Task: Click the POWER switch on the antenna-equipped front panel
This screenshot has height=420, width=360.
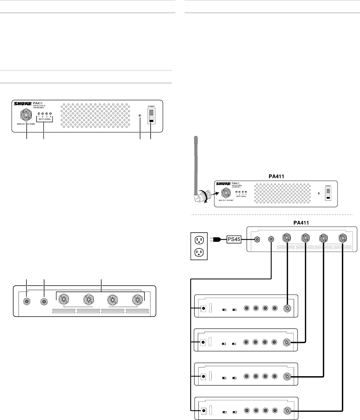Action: (x=328, y=194)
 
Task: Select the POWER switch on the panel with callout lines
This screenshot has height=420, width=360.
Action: (x=151, y=116)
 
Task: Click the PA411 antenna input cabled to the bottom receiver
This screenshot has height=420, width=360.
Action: (x=343, y=238)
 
